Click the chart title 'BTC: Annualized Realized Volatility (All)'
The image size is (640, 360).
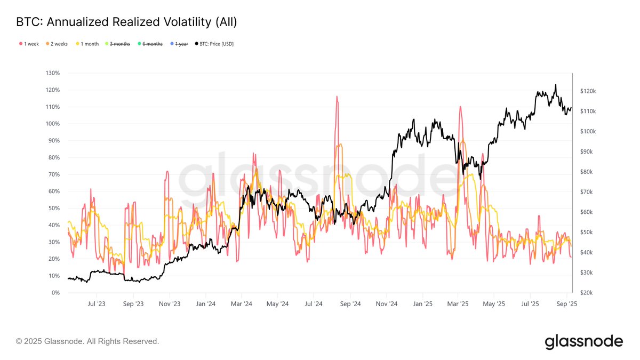tap(126, 22)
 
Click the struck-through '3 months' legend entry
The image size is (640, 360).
tap(119, 44)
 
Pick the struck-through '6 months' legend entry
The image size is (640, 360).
tap(152, 44)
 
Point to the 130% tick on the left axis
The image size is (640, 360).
tap(52, 73)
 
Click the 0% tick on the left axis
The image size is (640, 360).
tap(55, 293)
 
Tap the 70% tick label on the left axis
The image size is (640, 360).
tap(53, 174)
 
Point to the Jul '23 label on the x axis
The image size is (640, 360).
tap(97, 304)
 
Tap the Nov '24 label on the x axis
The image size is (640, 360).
tap(387, 304)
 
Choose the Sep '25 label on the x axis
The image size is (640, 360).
tap(566, 304)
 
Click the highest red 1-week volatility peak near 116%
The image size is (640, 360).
tap(337, 97)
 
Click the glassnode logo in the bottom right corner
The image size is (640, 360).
tap(583, 341)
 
